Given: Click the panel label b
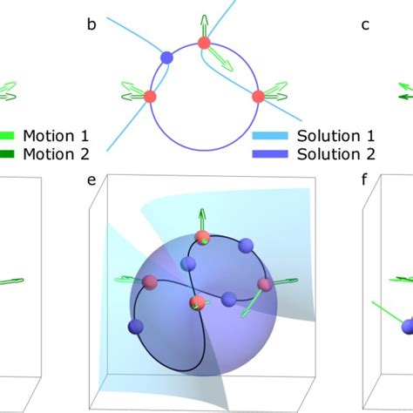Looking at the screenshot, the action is (91, 24).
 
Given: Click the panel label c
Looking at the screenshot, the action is (365, 25).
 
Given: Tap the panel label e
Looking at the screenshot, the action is (91, 180).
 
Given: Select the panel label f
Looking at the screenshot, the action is (364, 179).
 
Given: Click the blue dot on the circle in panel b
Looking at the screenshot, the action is (166, 58).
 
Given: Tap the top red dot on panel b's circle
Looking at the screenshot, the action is (204, 43).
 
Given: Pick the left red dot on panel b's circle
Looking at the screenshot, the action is (150, 97).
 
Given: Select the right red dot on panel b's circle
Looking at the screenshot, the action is (258, 97).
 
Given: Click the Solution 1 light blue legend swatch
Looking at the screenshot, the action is (270, 136).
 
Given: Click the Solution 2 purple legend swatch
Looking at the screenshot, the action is (270, 154).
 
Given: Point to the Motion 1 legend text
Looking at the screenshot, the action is (56, 136).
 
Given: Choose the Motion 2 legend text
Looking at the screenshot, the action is (56, 154).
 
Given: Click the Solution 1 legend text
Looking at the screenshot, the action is (335, 136).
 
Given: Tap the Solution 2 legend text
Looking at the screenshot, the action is (336, 154).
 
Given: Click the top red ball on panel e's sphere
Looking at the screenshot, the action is (202, 238).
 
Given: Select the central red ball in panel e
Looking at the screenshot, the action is (197, 302).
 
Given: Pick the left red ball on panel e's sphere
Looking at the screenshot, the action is (150, 282).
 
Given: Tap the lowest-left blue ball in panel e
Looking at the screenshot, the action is (136, 327).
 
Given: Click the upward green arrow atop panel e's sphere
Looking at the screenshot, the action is (202, 220).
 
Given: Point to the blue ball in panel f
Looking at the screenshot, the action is (407, 327).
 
